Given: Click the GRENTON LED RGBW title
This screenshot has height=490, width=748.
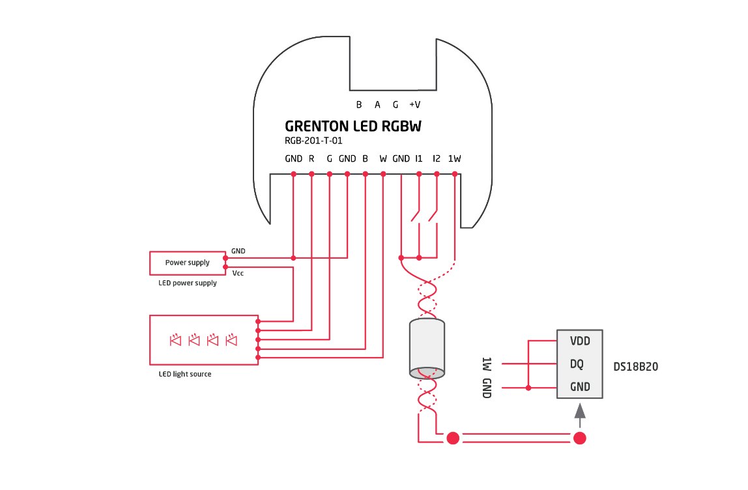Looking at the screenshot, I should tap(352, 126).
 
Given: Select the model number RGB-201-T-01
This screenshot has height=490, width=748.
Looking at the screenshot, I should tap(313, 140).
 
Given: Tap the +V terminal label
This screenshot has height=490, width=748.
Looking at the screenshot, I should tap(414, 104).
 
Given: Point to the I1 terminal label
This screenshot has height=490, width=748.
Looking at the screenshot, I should tap(419, 158).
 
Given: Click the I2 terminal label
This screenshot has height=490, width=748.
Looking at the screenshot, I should tap(437, 158).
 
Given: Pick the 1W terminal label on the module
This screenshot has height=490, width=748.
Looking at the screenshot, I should tap(455, 158).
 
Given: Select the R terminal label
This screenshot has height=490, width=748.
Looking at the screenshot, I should tap(311, 158).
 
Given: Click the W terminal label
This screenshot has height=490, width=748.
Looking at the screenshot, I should tap(383, 158).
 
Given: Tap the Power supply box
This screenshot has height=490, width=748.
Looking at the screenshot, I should tap(187, 263).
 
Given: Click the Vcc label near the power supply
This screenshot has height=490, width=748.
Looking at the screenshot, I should tap(238, 273).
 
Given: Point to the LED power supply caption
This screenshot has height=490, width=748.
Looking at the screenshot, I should tap(188, 283).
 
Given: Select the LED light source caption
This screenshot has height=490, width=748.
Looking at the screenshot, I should tap(185, 374).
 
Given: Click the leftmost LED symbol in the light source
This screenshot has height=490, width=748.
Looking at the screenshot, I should tap(175, 339).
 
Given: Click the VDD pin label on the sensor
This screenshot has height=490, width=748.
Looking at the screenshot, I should tap(579, 341).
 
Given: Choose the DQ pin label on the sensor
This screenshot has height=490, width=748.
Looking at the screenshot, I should tap(577, 364).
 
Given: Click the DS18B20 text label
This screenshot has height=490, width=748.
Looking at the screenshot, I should tap(635, 367).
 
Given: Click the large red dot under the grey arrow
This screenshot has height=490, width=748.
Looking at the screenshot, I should tap(579, 438).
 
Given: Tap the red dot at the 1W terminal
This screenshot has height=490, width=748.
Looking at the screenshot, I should tap(455, 174).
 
